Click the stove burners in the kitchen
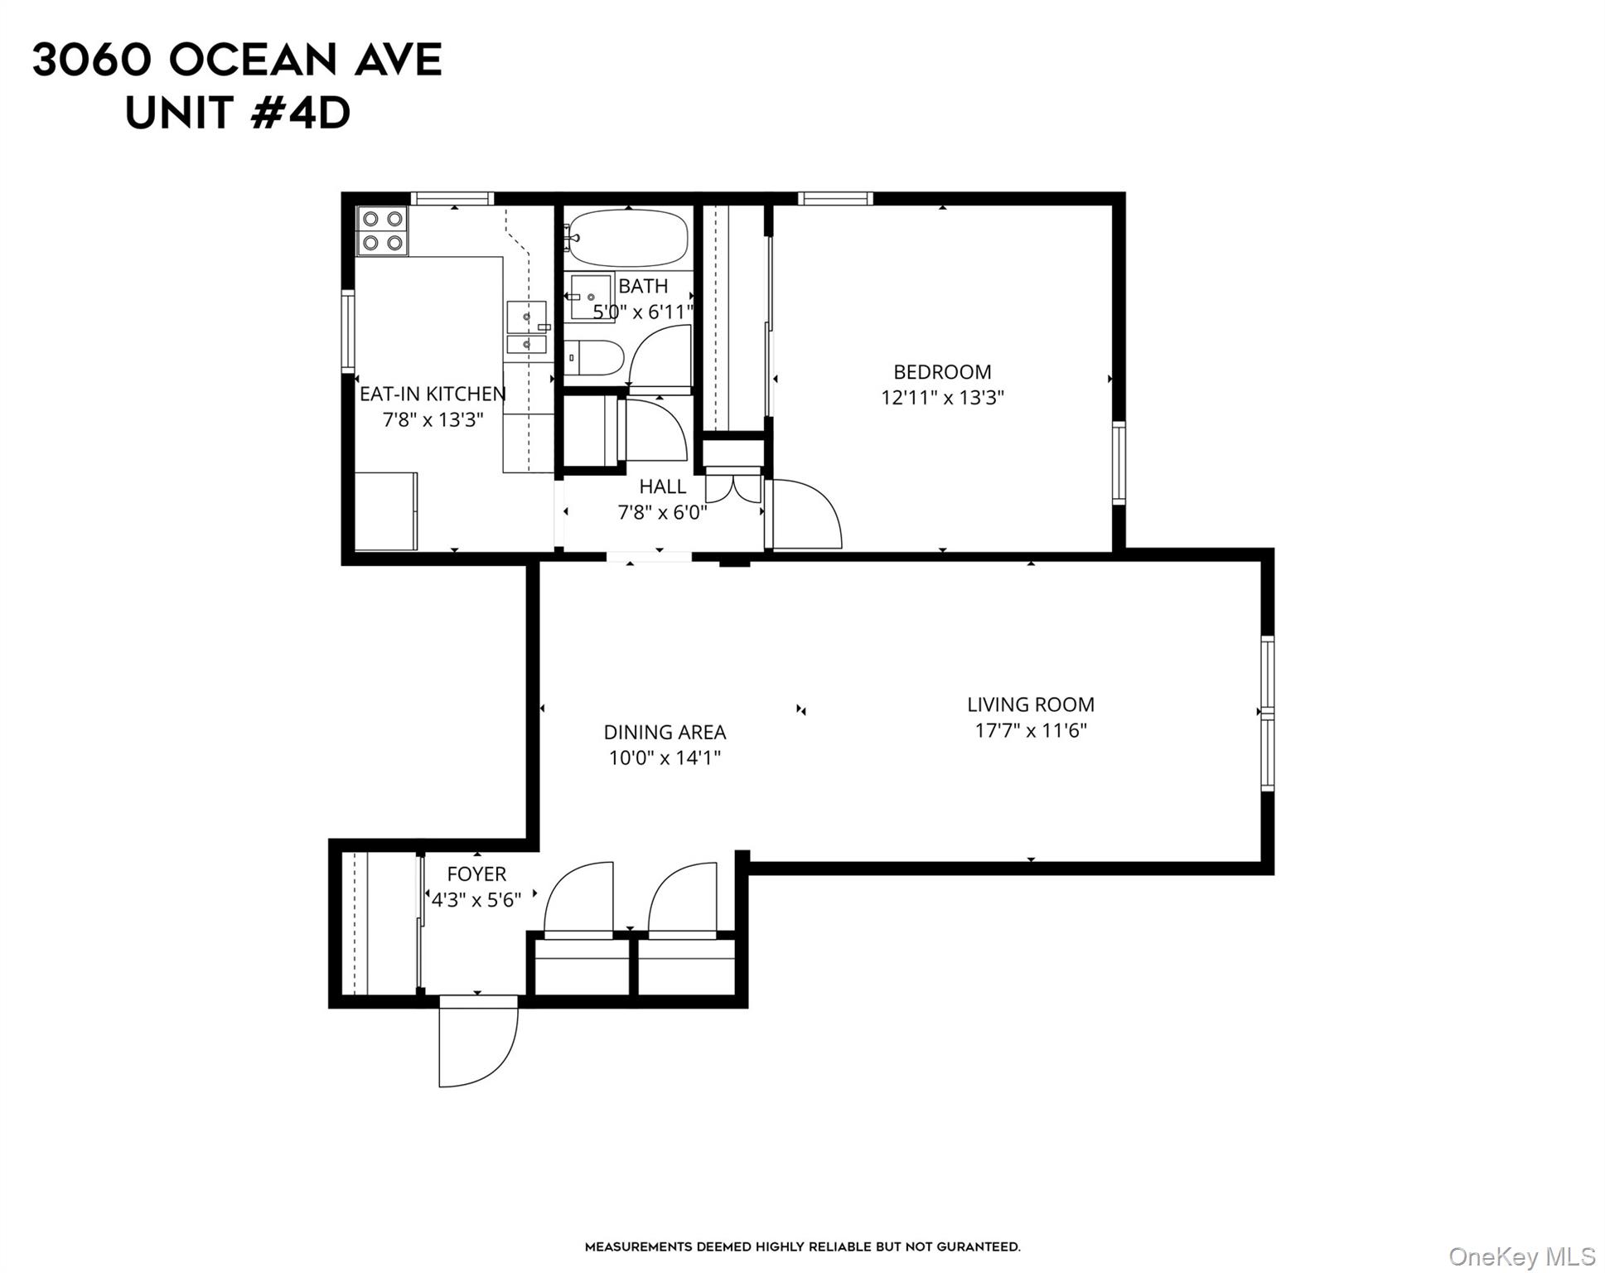383,230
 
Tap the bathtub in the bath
628,238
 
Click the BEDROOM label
942,372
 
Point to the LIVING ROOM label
1030,704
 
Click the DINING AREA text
665,732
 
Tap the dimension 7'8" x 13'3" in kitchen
433,419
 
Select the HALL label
662,486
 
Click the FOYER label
476,874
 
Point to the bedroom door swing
804,514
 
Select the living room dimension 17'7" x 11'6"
1030,730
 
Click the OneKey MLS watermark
1521,1256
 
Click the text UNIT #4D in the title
238,114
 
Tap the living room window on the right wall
1267,713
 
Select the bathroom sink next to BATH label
592,297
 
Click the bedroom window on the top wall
835,198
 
